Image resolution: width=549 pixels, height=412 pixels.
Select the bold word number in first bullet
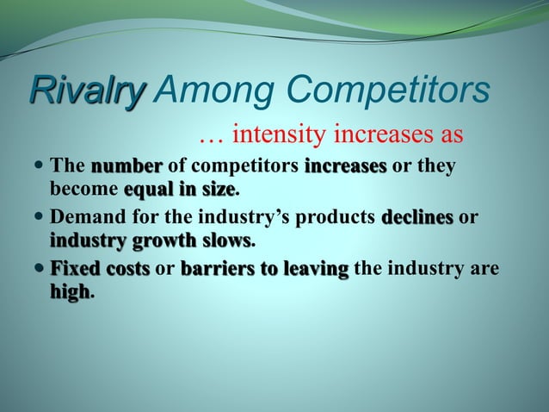click(x=126, y=165)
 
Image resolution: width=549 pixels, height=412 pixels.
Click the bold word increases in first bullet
click(x=345, y=165)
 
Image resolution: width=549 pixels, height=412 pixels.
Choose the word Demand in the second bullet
click(x=86, y=218)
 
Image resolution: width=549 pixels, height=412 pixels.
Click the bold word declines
click(x=417, y=218)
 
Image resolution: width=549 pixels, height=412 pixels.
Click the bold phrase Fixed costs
click(x=100, y=271)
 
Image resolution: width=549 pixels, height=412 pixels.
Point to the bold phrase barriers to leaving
click(x=264, y=271)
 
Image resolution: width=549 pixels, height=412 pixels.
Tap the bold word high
click(x=70, y=292)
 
